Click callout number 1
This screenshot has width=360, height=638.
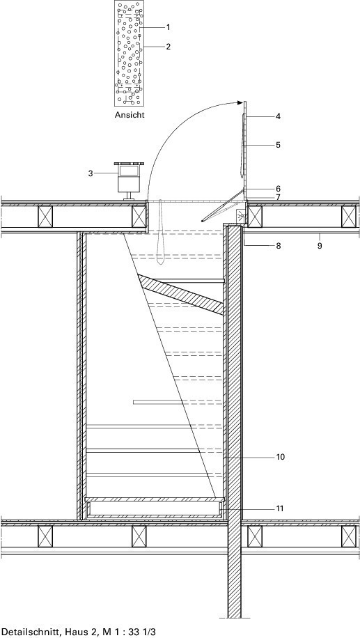click(168, 27)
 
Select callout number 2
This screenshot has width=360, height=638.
click(168, 47)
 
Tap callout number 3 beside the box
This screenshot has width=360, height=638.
click(91, 173)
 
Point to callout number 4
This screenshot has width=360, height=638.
click(278, 116)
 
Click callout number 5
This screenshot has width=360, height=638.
click(278, 145)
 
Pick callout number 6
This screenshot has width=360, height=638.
click(278, 189)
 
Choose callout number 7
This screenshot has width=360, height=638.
click(278, 197)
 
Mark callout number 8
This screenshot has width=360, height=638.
click(278, 246)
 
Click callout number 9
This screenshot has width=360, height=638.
click(320, 246)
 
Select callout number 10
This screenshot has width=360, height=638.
click(281, 457)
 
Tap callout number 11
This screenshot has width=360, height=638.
click(280, 508)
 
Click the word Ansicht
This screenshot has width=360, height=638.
click(130, 115)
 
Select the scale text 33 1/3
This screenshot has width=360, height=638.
click(142, 632)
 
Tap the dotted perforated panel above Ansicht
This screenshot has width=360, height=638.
click(129, 53)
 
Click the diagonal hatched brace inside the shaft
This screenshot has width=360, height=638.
click(182, 295)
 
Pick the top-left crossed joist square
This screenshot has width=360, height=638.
click(45, 217)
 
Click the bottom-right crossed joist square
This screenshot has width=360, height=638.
click(349, 537)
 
